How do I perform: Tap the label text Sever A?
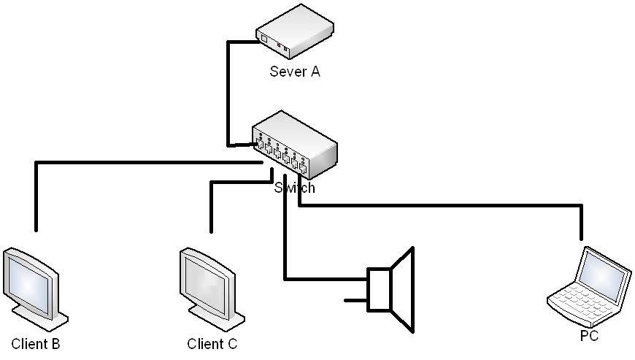click(295, 72)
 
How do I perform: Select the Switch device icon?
click(295, 146)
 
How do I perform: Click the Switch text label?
click(295, 188)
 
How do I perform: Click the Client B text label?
click(36, 344)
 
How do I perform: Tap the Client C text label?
click(212, 344)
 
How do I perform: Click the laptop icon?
click(590, 288)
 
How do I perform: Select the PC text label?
click(589, 337)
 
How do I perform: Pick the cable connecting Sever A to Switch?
click(228, 95)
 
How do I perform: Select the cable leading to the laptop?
click(438, 207)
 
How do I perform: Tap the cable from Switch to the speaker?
click(285, 241)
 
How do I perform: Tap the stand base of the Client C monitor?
click(219, 322)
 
